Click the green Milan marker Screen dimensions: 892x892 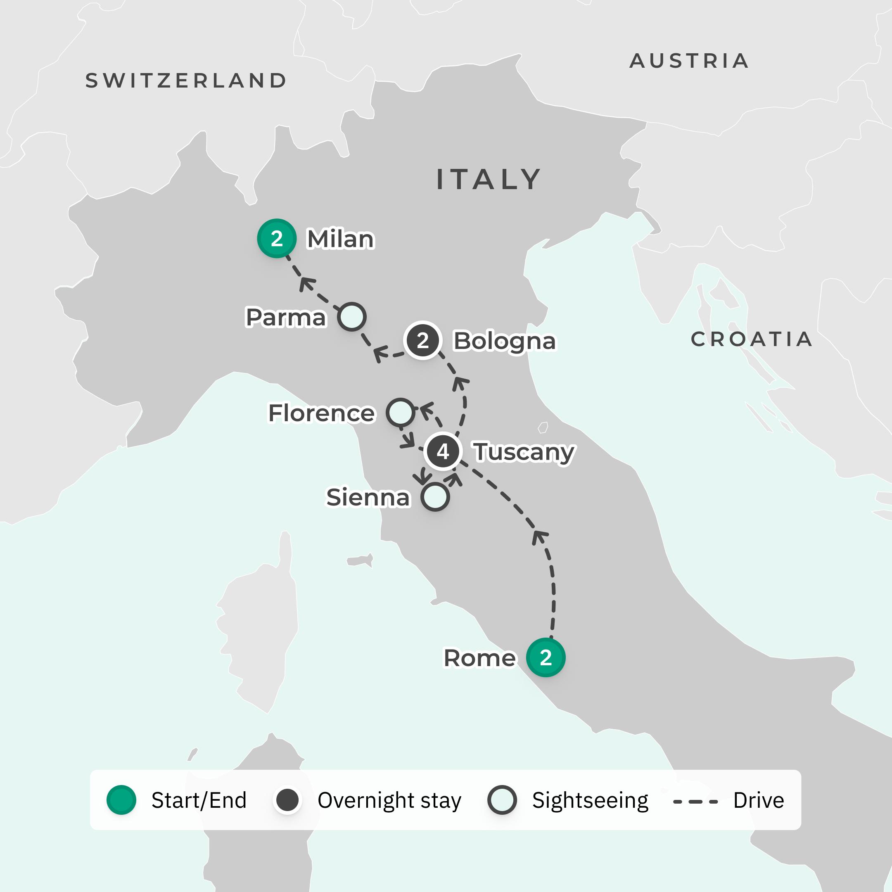point(277,238)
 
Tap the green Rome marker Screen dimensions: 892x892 point(546,657)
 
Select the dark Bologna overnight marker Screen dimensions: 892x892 point(422,341)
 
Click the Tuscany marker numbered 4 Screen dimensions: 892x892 point(443,451)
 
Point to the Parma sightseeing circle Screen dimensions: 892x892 point(352,317)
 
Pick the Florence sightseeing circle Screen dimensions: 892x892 point(400,412)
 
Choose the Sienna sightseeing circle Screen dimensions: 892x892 point(435,497)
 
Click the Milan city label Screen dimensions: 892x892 point(341,239)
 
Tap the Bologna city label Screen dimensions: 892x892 point(505,342)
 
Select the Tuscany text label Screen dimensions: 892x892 point(524,452)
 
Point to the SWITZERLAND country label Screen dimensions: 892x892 point(186,81)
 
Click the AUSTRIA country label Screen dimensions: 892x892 point(689,61)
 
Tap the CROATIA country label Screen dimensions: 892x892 point(751,339)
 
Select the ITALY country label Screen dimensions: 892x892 point(489,179)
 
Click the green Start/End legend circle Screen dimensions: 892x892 point(121,800)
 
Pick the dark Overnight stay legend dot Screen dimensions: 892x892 point(287,800)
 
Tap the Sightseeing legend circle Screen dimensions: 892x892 point(502,800)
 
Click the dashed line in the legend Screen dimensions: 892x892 point(695,802)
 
